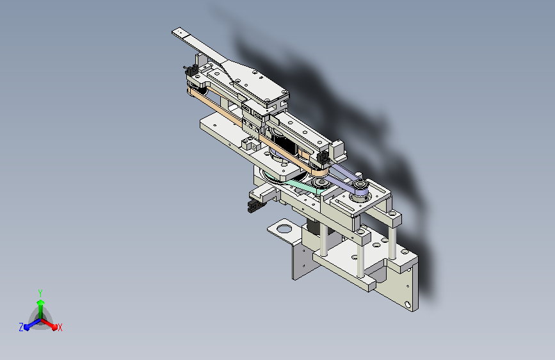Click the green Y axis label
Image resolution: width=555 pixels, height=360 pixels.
[40, 291]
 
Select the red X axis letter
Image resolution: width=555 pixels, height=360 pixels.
[60, 327]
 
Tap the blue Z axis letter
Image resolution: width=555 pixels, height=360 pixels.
[21, 327]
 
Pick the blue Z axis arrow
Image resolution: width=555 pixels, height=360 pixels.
[29, 324]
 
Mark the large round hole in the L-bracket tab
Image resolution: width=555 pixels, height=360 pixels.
[282, 227]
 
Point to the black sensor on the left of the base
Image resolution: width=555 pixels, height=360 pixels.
[252, 206]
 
